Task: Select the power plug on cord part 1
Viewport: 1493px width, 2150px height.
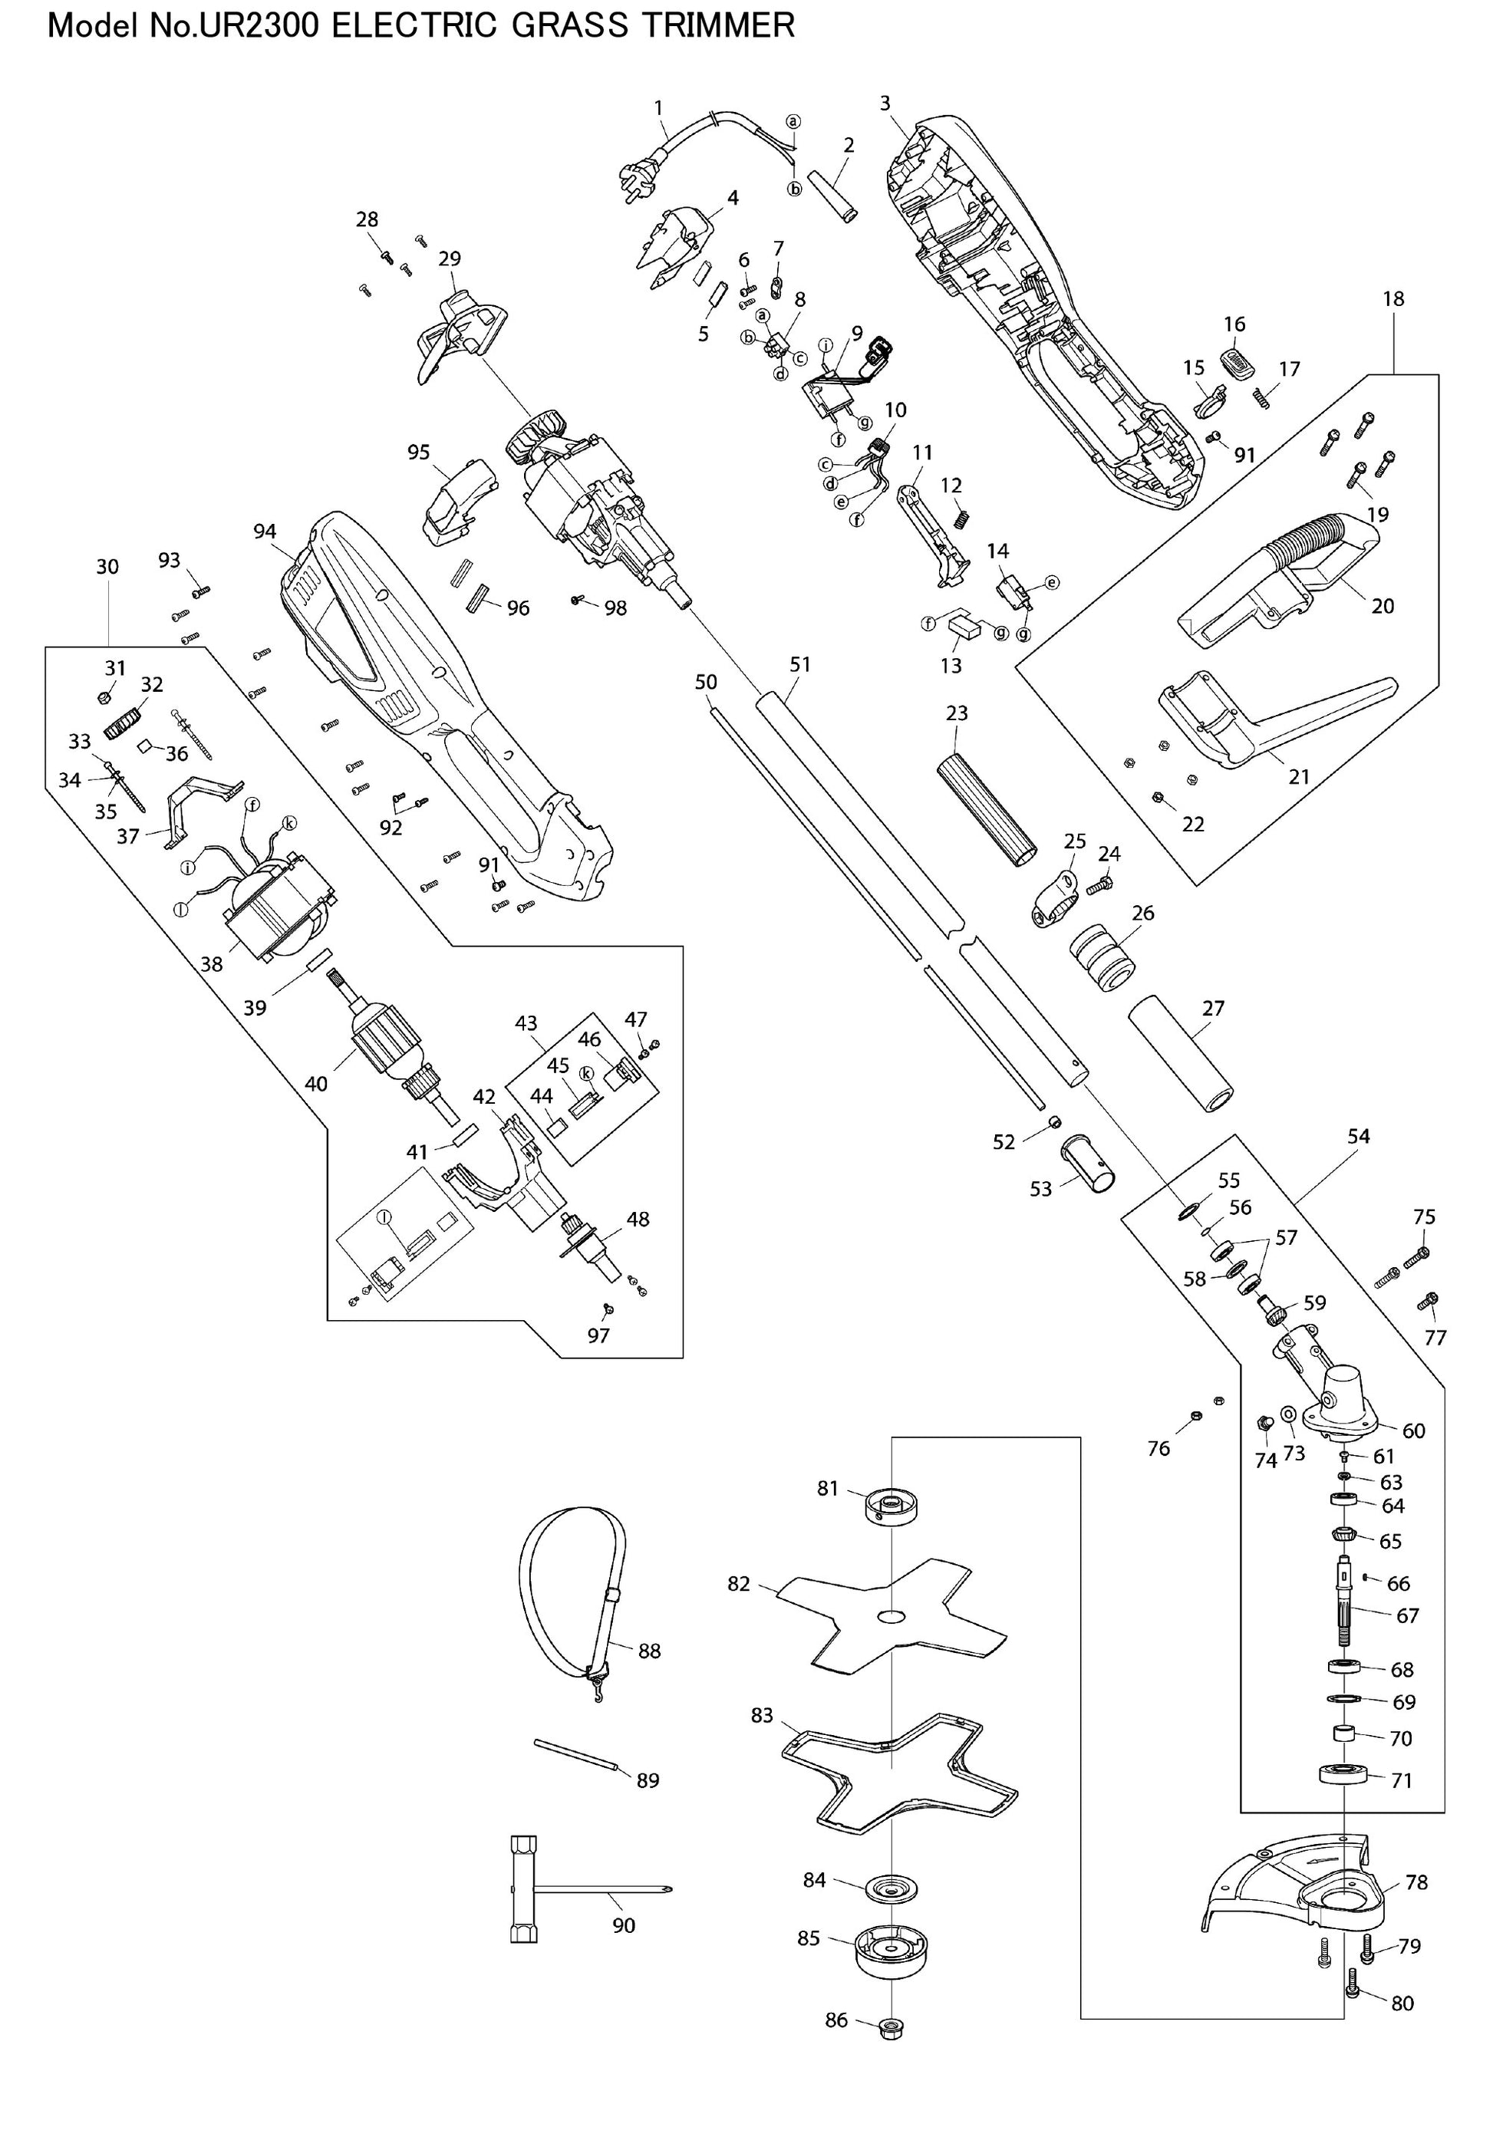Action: coord(635,175)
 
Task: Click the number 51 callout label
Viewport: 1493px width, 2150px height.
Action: coord(799,664)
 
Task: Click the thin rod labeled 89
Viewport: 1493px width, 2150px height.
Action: coord(576,1753)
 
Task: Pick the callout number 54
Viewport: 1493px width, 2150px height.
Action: coord(1358,1136)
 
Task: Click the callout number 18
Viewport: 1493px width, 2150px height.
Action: coord(1393,299)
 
